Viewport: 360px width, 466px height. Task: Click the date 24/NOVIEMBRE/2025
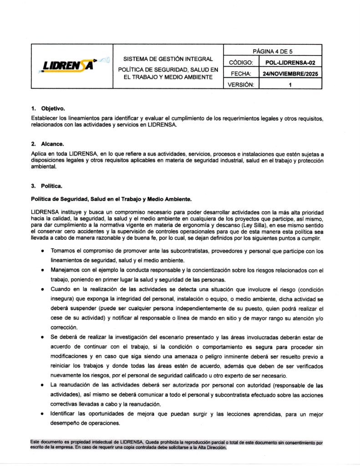(x=290, y=73)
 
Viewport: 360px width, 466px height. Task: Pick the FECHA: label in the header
(x=241, y=73)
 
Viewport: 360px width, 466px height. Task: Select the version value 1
(x=290, y=84)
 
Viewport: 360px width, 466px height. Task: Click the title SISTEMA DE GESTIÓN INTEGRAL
(x=168, y=59)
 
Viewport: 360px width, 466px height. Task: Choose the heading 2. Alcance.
(x=47, y=143)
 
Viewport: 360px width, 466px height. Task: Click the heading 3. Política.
(x=46, y=186)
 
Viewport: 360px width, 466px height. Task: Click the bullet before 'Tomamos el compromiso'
(x=42, y=251)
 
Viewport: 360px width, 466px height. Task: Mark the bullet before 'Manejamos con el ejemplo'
(x=42, y=270)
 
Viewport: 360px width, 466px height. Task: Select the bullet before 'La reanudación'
(x=42, y=385)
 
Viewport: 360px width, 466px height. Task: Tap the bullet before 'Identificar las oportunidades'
(x=42, y=414)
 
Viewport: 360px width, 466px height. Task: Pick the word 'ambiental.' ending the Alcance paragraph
(x=44, y=167)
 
